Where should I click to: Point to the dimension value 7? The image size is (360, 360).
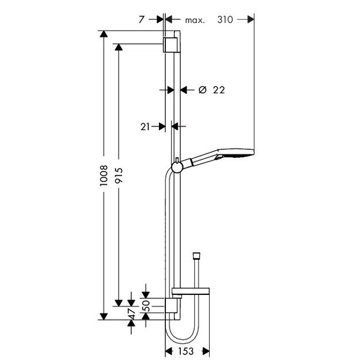click(x=142, y=20)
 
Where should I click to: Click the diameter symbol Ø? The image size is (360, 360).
click(x=202, y=90)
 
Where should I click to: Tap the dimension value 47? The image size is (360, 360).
click(x=132, y=314)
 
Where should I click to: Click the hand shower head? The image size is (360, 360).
click(x=236, y=154)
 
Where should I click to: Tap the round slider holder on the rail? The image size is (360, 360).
click(x=177, y=168)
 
